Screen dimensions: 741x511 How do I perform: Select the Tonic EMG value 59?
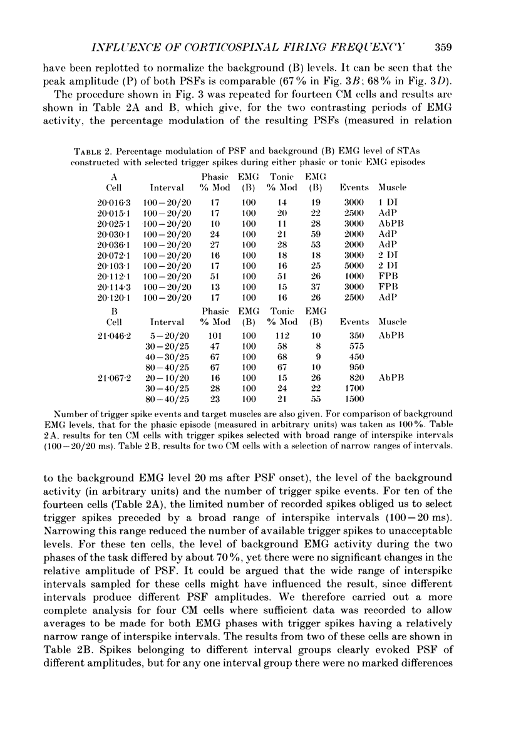point(312,235)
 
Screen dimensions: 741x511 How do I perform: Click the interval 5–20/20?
point(167,335)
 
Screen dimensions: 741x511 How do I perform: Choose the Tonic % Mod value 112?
point(278,335)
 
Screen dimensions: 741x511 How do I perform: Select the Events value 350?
point(354,335)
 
